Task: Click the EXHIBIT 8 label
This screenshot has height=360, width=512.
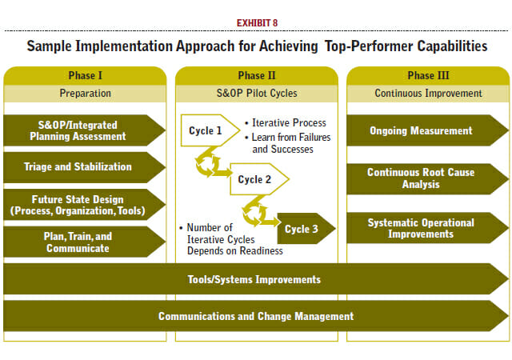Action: (257, 23)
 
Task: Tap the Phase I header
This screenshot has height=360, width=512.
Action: (86, 75)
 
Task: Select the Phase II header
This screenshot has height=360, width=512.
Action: (257, 75)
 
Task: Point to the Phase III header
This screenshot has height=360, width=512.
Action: (428, 75)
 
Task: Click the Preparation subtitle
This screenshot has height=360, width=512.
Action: (86, 94)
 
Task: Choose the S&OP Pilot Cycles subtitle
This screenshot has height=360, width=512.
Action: (257, 94)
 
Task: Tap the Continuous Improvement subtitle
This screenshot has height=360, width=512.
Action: (428, 94)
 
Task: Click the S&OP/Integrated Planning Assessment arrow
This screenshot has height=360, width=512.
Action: (84, 130)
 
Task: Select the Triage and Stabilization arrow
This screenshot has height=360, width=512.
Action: (84, 167)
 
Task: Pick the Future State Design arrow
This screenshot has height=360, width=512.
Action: (84, 205)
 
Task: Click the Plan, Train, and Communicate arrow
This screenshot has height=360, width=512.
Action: (84, 242)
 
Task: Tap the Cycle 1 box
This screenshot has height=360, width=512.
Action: (210, 130)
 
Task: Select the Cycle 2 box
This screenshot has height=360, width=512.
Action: (259, 179)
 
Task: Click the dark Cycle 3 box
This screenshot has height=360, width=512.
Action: (306, 229)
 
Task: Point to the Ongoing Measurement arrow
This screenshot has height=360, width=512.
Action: (427, 130)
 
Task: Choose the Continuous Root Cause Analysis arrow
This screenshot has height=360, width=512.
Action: (427, 179)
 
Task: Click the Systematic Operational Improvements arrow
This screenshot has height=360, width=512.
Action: (427, 228)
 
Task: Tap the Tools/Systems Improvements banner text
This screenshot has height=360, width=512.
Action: (254, 280)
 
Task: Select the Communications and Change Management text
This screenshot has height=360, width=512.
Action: (256, 316)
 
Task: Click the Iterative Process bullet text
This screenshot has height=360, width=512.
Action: (289, 123)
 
